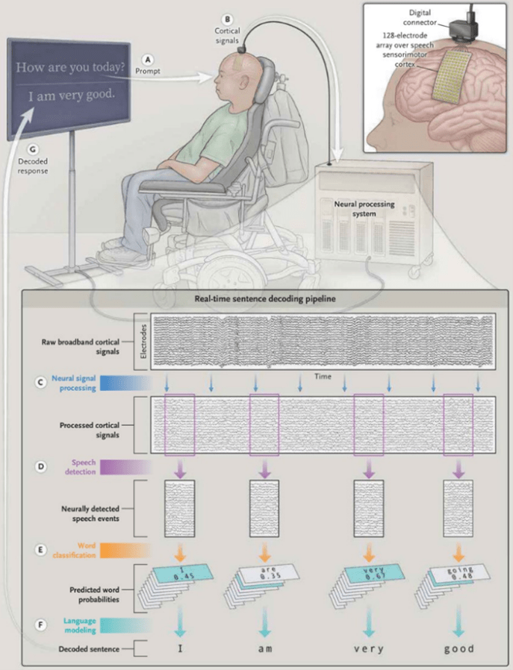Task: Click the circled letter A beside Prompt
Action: point(149,58)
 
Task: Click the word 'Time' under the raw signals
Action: point(322,377)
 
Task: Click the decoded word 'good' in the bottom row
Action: point(458,648)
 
